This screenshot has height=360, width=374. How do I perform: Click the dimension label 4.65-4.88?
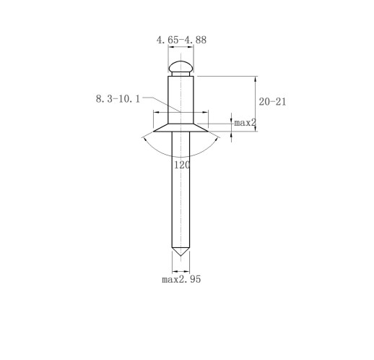coord(181,40)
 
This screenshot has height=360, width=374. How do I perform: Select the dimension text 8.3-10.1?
coord(118,99)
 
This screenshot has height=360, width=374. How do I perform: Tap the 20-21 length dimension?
coord(272,102)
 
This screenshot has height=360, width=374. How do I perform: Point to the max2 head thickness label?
coord(245,123)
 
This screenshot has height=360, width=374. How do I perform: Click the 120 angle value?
coord(182,165)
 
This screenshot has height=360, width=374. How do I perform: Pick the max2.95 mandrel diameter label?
coord(181,279)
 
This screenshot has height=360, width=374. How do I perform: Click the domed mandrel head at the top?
coord(181,67)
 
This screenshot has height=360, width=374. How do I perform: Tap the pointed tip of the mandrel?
coord(181,256)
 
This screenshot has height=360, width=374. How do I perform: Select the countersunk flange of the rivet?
coord(181,128)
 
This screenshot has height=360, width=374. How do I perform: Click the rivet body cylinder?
coord(181,100)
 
